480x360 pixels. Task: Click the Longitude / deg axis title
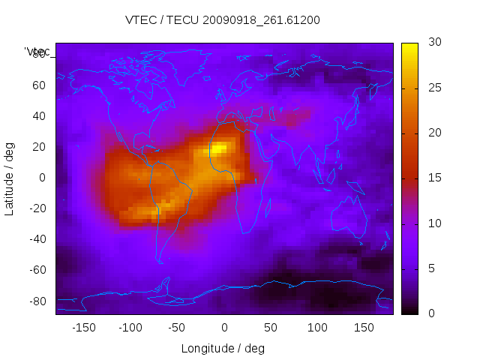pyautogui.click(x=223, y=348)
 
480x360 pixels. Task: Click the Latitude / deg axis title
pyautogui.click(x=10, y=178)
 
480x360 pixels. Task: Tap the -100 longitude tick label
pyautogui.click(x=130, y=328)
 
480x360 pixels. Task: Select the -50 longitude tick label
pyautogui.click(x=177, y=328)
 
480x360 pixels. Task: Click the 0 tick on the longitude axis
pyautogui.click(x=224, y=328)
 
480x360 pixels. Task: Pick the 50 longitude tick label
pyautogui.click(x=271, y=328)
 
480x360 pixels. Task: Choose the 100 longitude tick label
pyautogui.click(x=318, y=328)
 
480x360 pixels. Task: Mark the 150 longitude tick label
pyautogui.click(x=364, y=328)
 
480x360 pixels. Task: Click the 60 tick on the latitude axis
pyautogui.click(x=39, y=85)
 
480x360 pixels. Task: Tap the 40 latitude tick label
pyautogui.click(x=39, y=116)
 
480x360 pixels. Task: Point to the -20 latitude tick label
pyautogui.click(x=36, y=208)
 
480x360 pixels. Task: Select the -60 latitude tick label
pyautogui.click(x=36, y=270)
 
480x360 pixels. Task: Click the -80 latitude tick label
pyautogui.click(x=36, y=301)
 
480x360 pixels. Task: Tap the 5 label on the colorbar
pyautogui.click(x=428, y=268)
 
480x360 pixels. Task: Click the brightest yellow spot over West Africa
pyautogui.click(x=217, y=149)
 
